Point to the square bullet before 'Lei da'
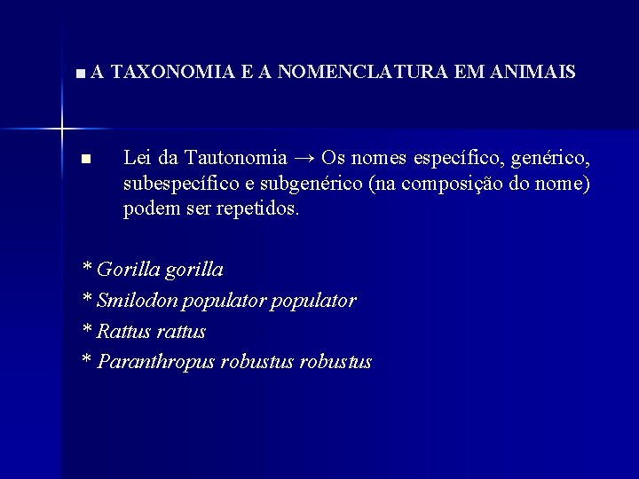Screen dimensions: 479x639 [85, 160]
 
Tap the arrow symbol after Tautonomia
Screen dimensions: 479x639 [304, 159]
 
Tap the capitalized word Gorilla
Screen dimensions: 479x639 [128, 270]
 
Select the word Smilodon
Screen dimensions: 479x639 [138, 301]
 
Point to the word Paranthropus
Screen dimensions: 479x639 [156, 363]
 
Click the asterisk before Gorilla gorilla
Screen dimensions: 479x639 [86, 267]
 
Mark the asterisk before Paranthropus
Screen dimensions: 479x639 [86, 360]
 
